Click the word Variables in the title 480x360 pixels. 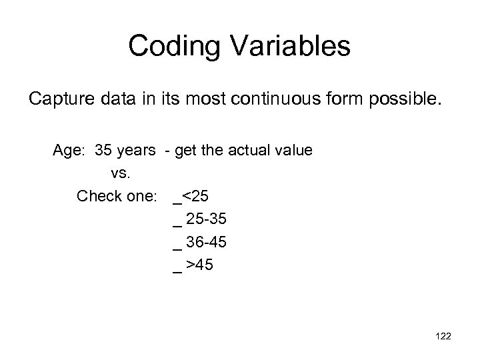tap(293, 47)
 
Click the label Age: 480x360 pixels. tap(71, 150)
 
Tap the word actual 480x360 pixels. tap(251, 150)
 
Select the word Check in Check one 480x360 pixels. tap(98, 197)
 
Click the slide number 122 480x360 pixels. tap(441, 337)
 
